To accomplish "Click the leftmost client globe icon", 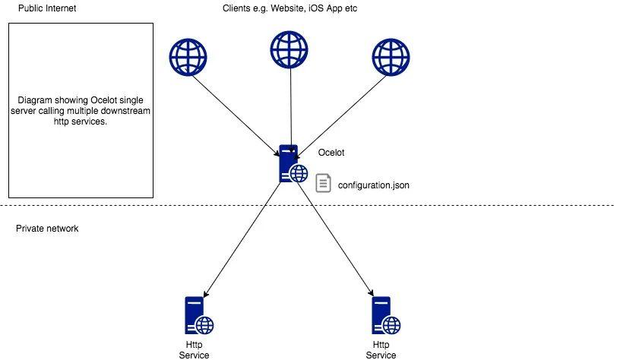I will click(x=188, y=57).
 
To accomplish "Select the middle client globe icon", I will click(x=290, y=49).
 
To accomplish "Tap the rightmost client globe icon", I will click(x=391, y=57).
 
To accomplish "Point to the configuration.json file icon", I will click(x=324, y=183).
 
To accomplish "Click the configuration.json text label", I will click(x=374, y=184).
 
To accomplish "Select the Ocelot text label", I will click(x=331, y=153).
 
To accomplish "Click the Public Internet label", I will click(x=46, y=8).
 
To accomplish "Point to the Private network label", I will click(x=47, y=229).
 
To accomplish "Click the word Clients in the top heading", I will click(x=238, y=8).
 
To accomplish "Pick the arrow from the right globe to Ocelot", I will click(x=346, y=112).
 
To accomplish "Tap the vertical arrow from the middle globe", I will click(x=290, y=106).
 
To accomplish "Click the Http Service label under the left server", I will click(x=194, y=350).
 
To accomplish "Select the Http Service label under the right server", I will click(x=381, y=350).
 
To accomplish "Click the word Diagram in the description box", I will click(x=35, y=100).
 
